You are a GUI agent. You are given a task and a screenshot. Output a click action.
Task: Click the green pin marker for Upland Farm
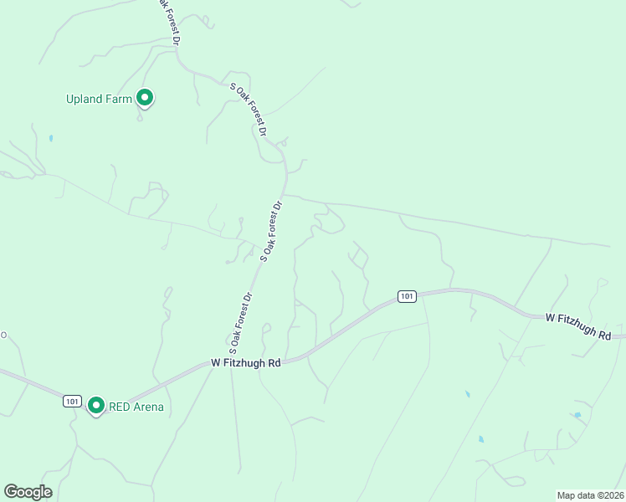coord(145,99)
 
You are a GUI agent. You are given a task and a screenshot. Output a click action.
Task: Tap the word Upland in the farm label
coord(85,99)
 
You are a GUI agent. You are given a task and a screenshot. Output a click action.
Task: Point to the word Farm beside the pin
coord(120,99)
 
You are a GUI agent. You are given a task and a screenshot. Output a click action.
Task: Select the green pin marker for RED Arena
coord(96,406)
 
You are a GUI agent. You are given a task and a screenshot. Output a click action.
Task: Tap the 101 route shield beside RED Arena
coord(72,402)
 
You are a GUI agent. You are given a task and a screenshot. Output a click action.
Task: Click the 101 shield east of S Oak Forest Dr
coord(407,296)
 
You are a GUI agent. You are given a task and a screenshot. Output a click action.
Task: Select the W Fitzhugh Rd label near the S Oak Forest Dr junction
coord(245,363)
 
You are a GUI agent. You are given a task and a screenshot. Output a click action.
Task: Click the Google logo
coord(28,492)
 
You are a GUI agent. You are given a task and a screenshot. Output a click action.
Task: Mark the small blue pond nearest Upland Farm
coord(51,138)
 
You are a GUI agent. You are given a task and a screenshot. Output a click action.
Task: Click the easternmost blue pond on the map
coord(577,415)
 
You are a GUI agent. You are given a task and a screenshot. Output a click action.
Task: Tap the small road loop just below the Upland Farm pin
coord(140,118)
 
